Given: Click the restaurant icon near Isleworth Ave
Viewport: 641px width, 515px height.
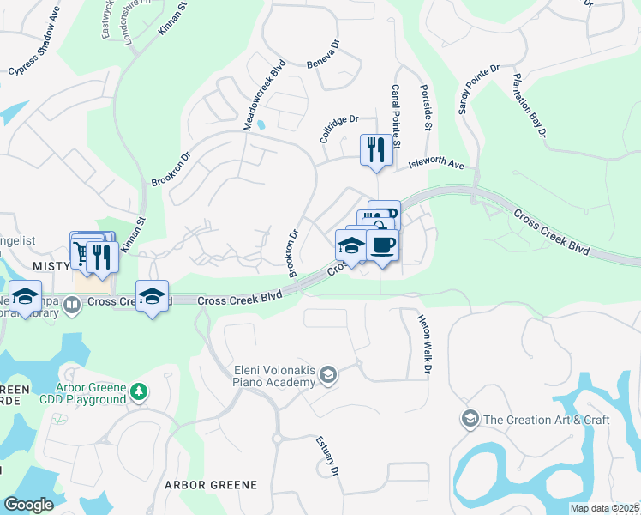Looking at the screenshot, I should [x=375, y=149].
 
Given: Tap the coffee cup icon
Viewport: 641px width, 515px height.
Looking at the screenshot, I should [x=382, y=245].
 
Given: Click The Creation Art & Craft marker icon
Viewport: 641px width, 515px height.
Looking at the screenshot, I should [x=469, y=419].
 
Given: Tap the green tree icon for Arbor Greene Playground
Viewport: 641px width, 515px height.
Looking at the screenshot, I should [x=139, y=393].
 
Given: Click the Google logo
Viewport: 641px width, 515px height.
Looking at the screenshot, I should [x=28, y=506].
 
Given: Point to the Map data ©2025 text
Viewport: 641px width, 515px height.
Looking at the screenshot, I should [x=603, y=508].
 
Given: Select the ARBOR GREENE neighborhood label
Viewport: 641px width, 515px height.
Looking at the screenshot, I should [x=211, y=485].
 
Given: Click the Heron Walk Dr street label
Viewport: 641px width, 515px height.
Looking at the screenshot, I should [x=422, y=343].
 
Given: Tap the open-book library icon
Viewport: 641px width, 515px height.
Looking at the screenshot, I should [x=72, y=302].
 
